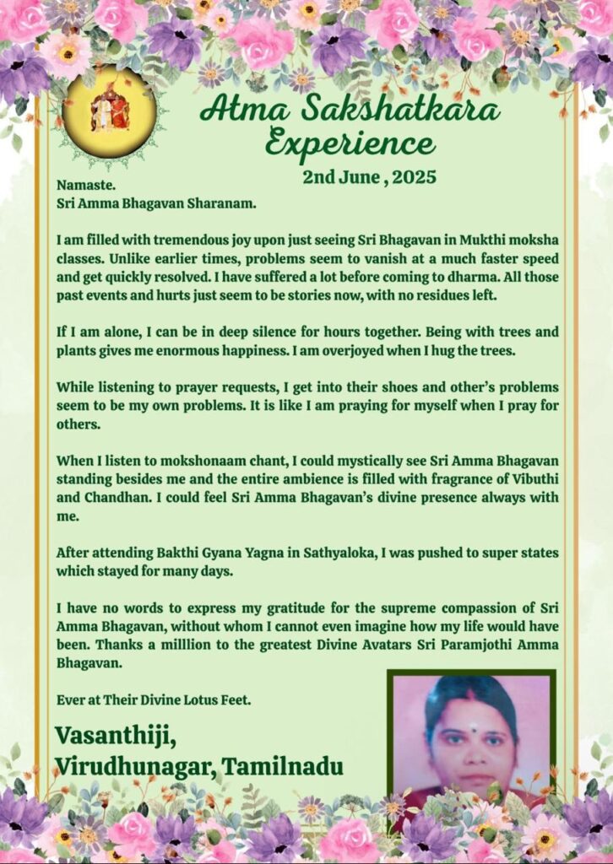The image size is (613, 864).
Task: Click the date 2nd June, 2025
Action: coord(367,177)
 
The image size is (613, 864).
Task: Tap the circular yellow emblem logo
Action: coord(109,112)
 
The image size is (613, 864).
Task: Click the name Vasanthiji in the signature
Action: coord(116,735)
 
